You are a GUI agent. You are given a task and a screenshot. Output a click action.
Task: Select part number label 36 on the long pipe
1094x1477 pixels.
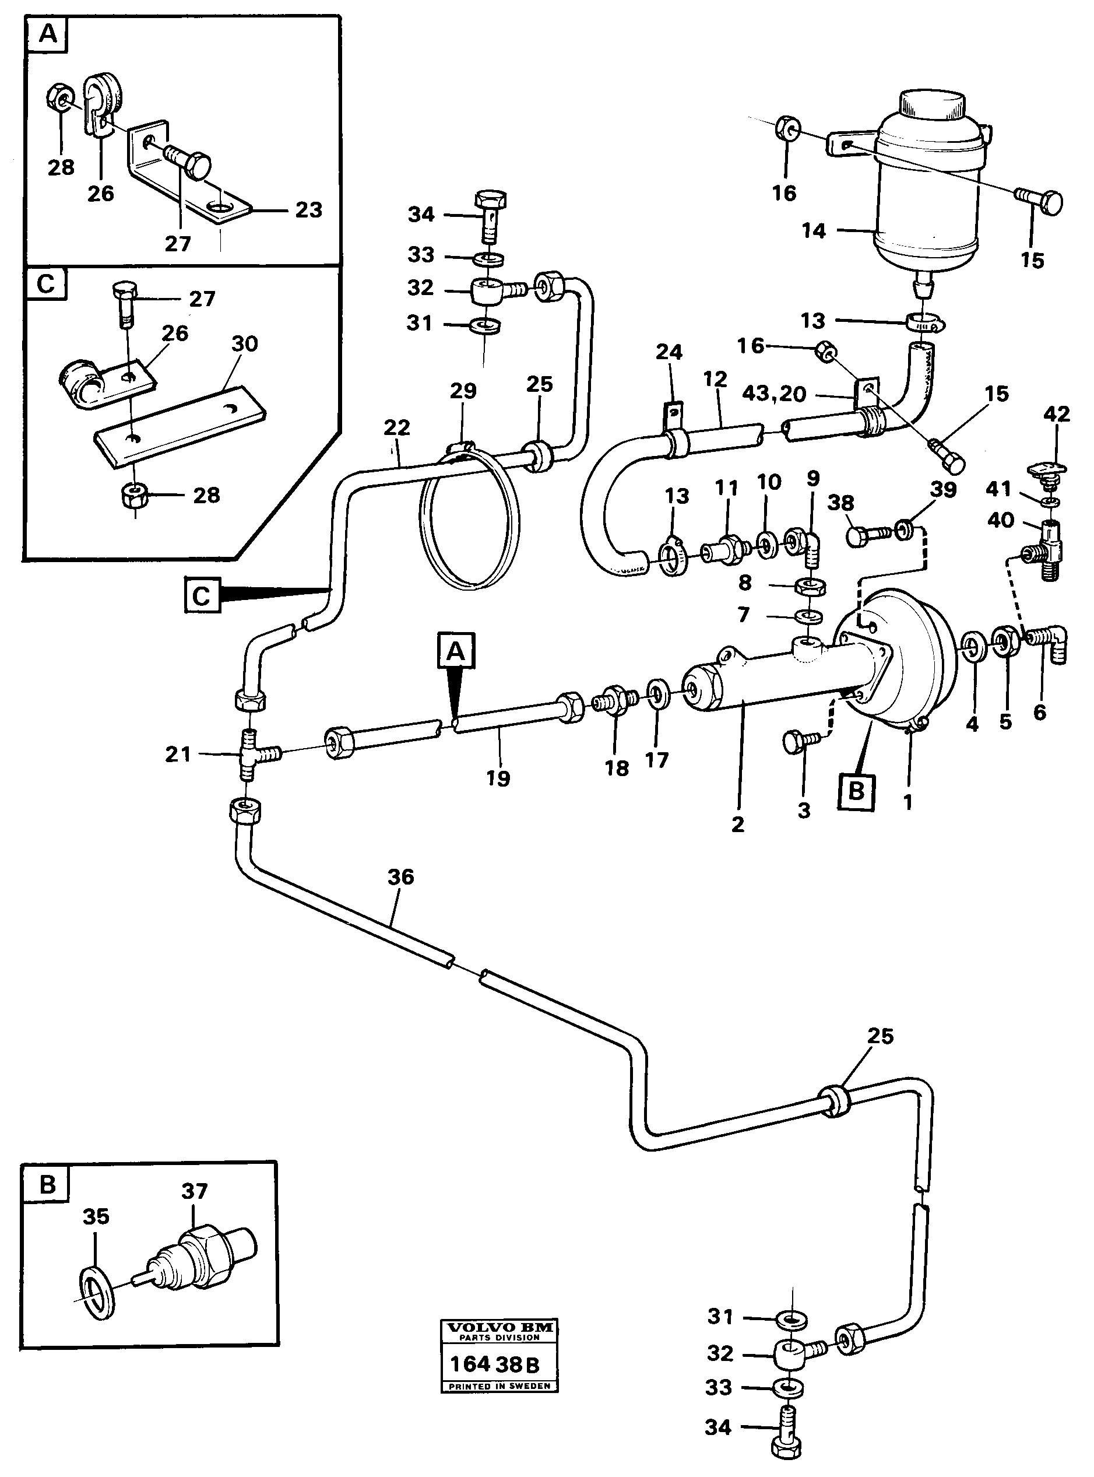[x=400, y=877]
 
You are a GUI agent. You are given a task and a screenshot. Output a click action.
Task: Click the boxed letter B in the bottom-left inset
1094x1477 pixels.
[x=48, y=1184]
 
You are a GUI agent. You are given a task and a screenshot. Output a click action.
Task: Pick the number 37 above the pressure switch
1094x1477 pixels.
[x=195, y=1191]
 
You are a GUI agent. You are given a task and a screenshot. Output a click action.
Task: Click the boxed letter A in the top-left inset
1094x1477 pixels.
[x=48, y=34]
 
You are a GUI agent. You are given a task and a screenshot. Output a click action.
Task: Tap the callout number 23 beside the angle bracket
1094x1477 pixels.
[x=308, y=210]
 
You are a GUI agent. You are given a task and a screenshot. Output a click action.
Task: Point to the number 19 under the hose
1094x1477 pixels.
[x=498, y=779]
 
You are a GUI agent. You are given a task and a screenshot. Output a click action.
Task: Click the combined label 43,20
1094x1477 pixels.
[x=773, y=394]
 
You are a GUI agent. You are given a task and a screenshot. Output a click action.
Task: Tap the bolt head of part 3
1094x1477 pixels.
[x=793, y=742]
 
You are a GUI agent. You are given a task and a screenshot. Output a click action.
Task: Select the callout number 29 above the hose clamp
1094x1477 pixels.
[x=463, y=391]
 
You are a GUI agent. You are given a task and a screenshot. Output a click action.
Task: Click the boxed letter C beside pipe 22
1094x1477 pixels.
[x=200, y=596]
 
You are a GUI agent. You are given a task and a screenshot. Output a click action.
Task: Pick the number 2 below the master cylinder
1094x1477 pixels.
[x=738, y=824]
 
